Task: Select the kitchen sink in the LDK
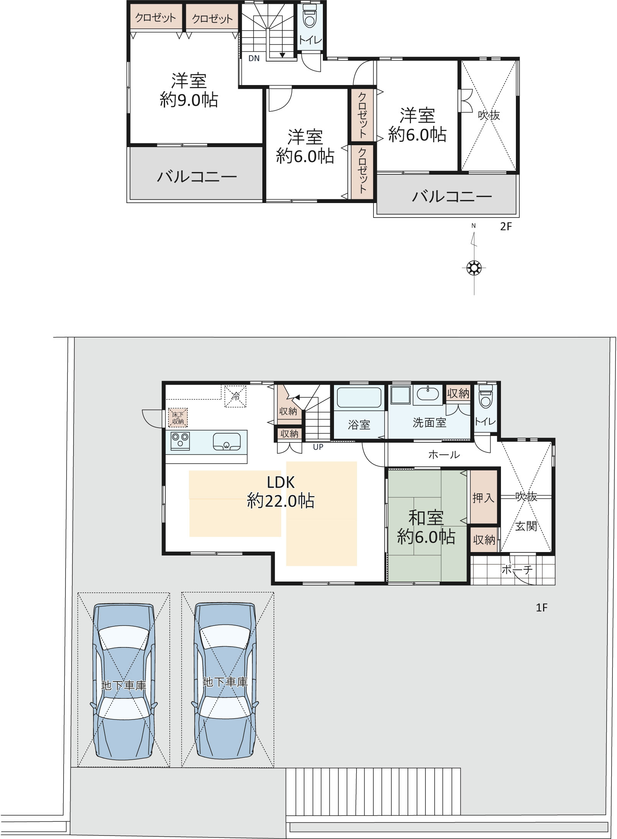227,442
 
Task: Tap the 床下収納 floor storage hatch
178,417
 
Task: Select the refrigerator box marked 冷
235,397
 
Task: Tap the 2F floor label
506,226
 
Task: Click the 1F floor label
542,608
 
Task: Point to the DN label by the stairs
254,58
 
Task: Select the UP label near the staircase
318,447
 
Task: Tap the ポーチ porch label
517,570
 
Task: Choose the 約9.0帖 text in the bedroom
189,100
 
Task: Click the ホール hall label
444,455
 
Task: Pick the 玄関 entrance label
526,526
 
